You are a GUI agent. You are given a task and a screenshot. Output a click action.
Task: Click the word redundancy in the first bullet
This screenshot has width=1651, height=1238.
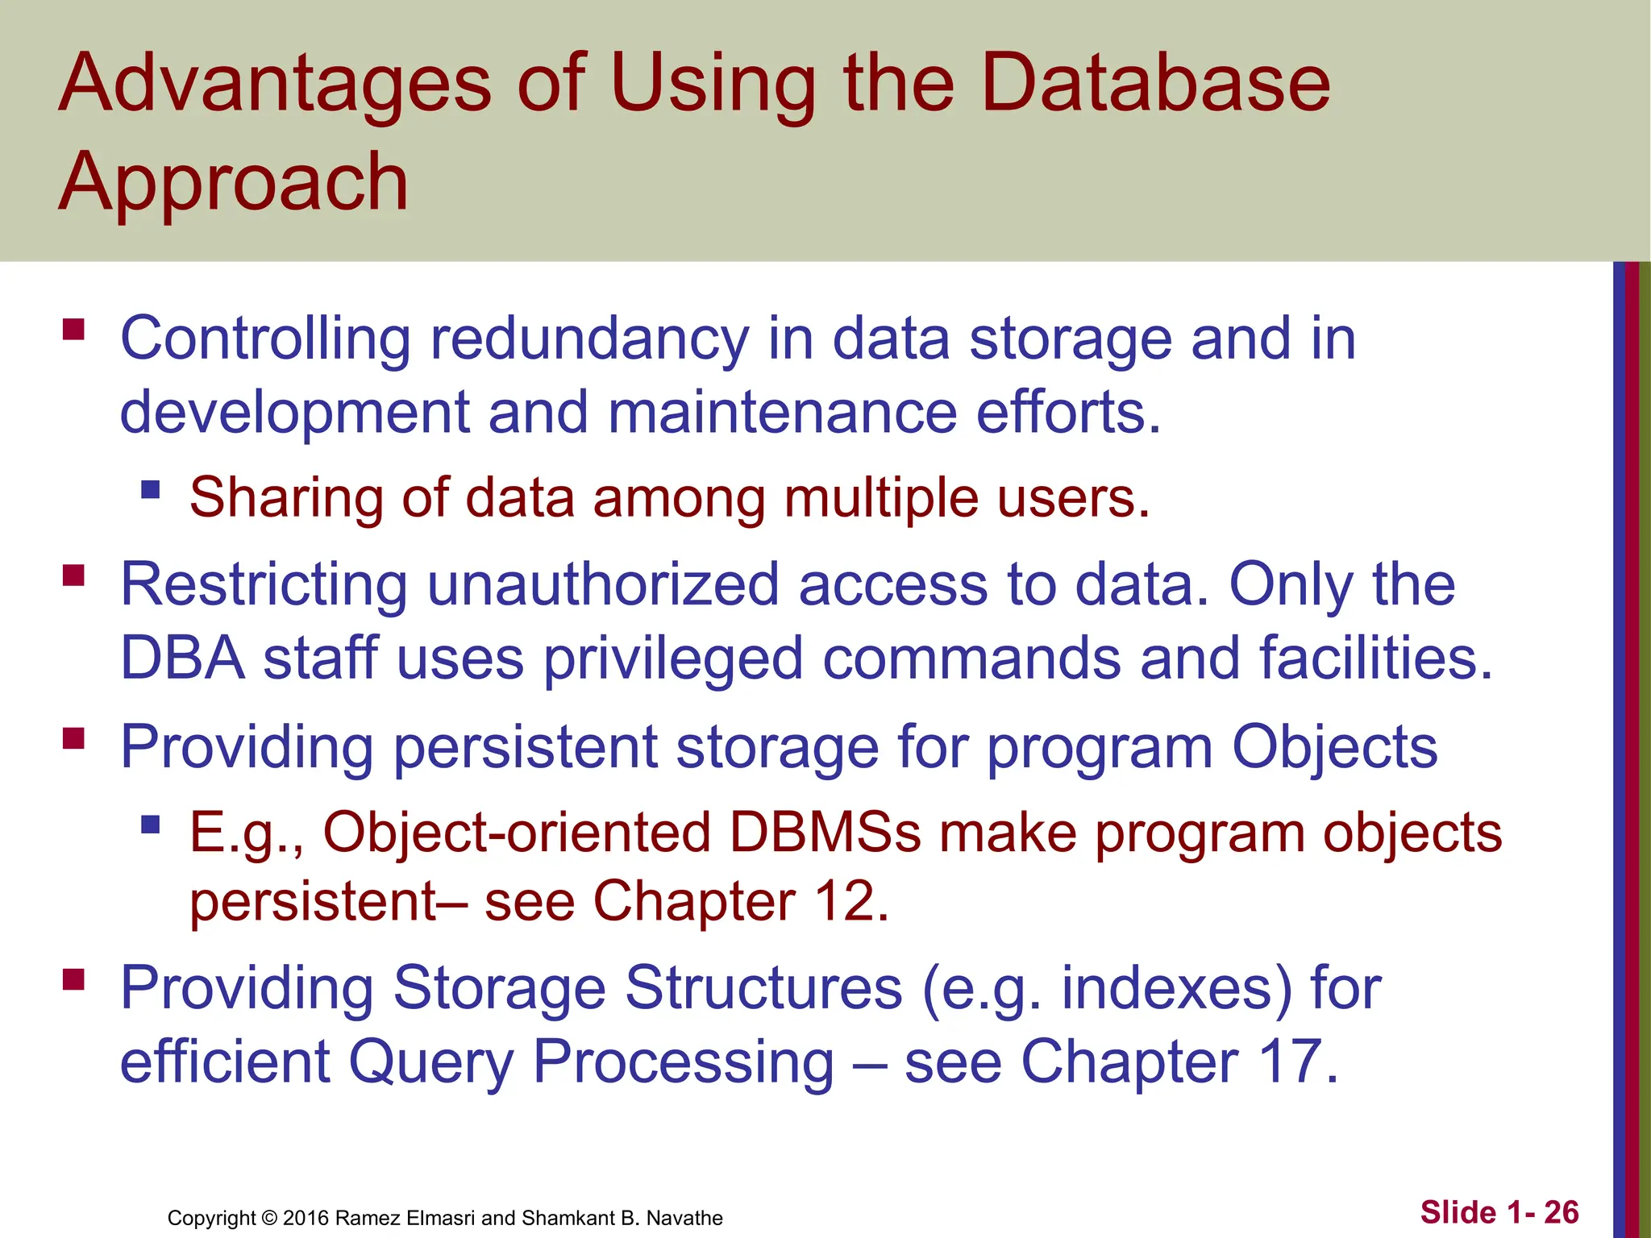pyautogui.click(x=589, y=339)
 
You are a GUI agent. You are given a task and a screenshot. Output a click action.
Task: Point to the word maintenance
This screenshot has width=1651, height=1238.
pyautogui.click(x=782, y=412)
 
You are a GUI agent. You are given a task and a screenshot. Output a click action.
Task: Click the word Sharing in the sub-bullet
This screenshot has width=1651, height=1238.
pyautogui.click(x=286, y=496)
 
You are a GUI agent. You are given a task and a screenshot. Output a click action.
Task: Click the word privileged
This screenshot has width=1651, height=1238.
pyautogui.click(x=672, y=658)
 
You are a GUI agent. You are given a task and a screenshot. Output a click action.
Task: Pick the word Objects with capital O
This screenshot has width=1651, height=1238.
pyautogui.click(x=1335, y=746)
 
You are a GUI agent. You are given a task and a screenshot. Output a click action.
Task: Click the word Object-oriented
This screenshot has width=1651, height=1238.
pyautogui.click(x=517, y=831)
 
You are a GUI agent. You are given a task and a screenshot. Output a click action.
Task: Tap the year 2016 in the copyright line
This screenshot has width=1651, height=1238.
pyautogui.click(x=306, y=1218)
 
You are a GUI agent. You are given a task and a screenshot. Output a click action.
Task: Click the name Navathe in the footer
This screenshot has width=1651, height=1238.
pyautogui.click(x=684, y=1218)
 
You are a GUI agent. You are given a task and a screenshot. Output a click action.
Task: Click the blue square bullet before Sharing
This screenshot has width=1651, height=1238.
pyautogui.click(x=151, y=489)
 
